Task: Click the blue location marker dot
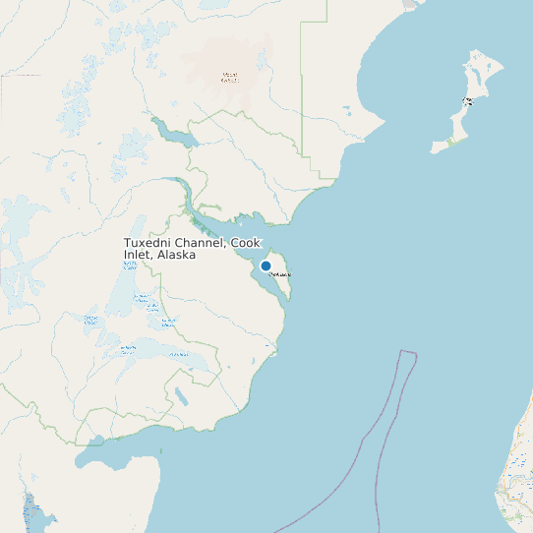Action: (266, 266)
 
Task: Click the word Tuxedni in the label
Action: (150, 243)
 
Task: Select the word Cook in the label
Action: (246, 243)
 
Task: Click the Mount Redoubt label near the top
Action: (230, 77)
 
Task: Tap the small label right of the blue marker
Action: (280, 274)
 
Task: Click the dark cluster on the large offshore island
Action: (469, 100)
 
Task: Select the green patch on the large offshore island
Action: (451, 142)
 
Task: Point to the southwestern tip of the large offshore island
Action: (433, 150)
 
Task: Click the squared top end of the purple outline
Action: (407, 353)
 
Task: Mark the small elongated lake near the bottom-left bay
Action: (181, 397)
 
